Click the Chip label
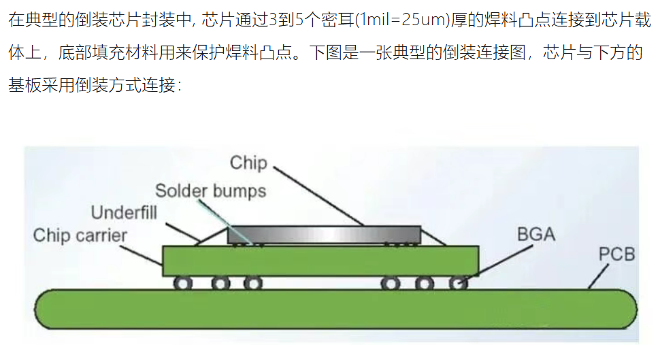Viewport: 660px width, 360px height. click(248, 163)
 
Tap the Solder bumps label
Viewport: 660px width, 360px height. click(210, 191)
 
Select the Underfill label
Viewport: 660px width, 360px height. click(124, 212)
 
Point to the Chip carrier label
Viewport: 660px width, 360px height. click(80, 235)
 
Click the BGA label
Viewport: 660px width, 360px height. click(536, 234)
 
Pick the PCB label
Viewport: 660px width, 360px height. click(616, 255)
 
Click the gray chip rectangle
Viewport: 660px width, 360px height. click(324, 235)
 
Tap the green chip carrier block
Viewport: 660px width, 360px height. click(320, 261)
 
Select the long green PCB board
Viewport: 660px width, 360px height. click(336, 309)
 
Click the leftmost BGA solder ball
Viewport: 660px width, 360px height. click(182, 283)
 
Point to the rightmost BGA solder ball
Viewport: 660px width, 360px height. click(459, 283)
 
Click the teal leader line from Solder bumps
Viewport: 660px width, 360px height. click(226, 222)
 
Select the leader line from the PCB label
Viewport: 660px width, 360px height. click(598, 276)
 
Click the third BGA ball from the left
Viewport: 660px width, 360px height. click(252, 283)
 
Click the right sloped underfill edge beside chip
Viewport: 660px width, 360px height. click(433, 237)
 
